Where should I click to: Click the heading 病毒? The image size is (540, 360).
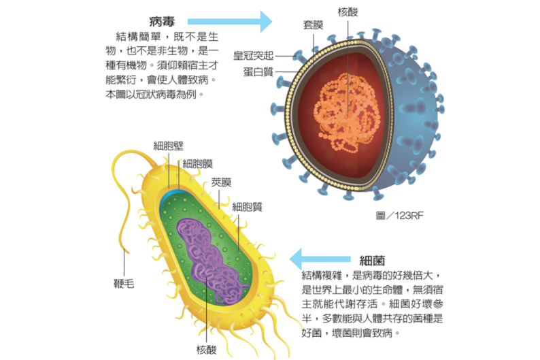(x=163, y=19)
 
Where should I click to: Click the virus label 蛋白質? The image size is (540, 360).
(x=260, y=71)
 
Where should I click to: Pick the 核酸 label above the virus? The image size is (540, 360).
(x=347, y=12)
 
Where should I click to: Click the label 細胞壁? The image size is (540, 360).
(x=167, y=145)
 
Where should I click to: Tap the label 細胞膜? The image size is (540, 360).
(x=198, y=163)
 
